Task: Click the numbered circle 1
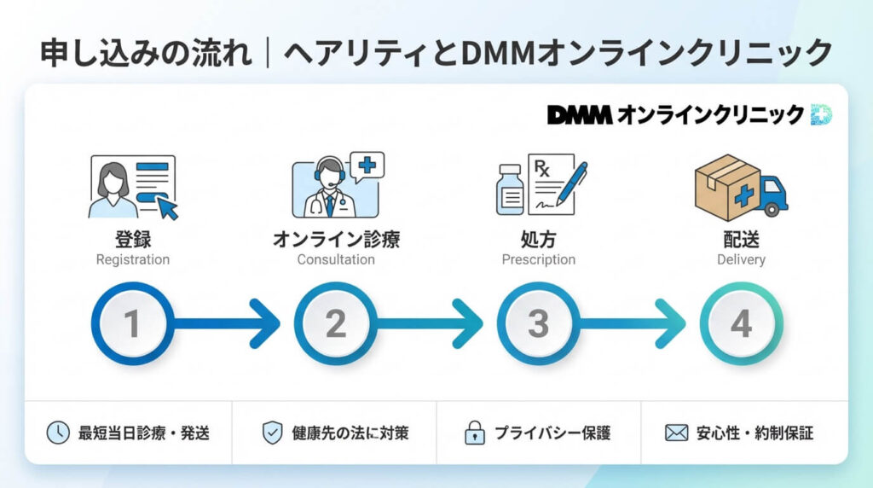[x=131, y=324]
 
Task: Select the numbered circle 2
[x=335, y=324]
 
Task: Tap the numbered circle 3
[x=538, y=324]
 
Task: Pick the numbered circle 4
[x=740, y=324]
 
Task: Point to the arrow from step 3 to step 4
[x=635, y=324]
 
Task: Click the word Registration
[x=132, y=259]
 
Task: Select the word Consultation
[x=335, y=259]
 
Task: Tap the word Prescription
[x=538, y=259]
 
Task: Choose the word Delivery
[x=740, y=259]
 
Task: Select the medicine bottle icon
[x=511, y=190]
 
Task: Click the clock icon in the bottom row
[x=57, y=433]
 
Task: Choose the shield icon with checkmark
[x=272, y=433]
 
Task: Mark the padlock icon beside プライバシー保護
[x=474, y=433]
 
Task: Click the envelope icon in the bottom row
[x=676, y=433]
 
